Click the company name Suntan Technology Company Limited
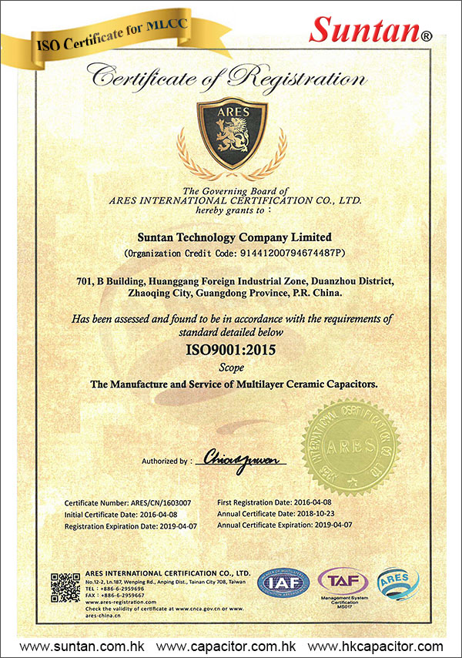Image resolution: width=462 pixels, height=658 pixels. [232, 237]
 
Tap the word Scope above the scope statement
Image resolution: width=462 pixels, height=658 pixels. [232, 368]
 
